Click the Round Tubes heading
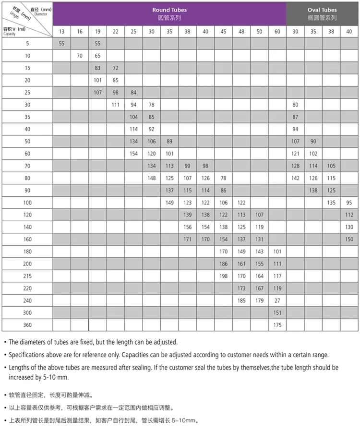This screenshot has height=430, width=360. pos(169,10)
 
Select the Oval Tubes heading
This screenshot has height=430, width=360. pos(322,10)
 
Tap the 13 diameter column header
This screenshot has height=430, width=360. pos(62,32)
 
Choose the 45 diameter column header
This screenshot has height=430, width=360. pos(224,32)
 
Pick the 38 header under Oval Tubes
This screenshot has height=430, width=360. pos(331,32)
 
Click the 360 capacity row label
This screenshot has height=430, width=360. pos(27,325)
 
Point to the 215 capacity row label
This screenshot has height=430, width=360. pos(27,276)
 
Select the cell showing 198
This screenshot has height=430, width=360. pos(224,276)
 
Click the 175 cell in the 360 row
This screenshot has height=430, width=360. pos(277,325)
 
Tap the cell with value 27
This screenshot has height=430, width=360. pos(277,300)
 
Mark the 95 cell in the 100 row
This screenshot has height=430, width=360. pos(349,203)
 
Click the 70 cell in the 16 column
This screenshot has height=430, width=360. pos(80,56)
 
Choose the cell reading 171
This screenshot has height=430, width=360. pos(188,239)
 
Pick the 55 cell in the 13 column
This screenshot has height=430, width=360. pos(62,44)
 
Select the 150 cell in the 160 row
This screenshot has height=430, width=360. pos(349,239)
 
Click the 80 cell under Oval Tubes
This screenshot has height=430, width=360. pos(295,105)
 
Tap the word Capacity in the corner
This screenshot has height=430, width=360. pos(10,34)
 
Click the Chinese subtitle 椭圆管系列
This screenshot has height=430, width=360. pos(322,18)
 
